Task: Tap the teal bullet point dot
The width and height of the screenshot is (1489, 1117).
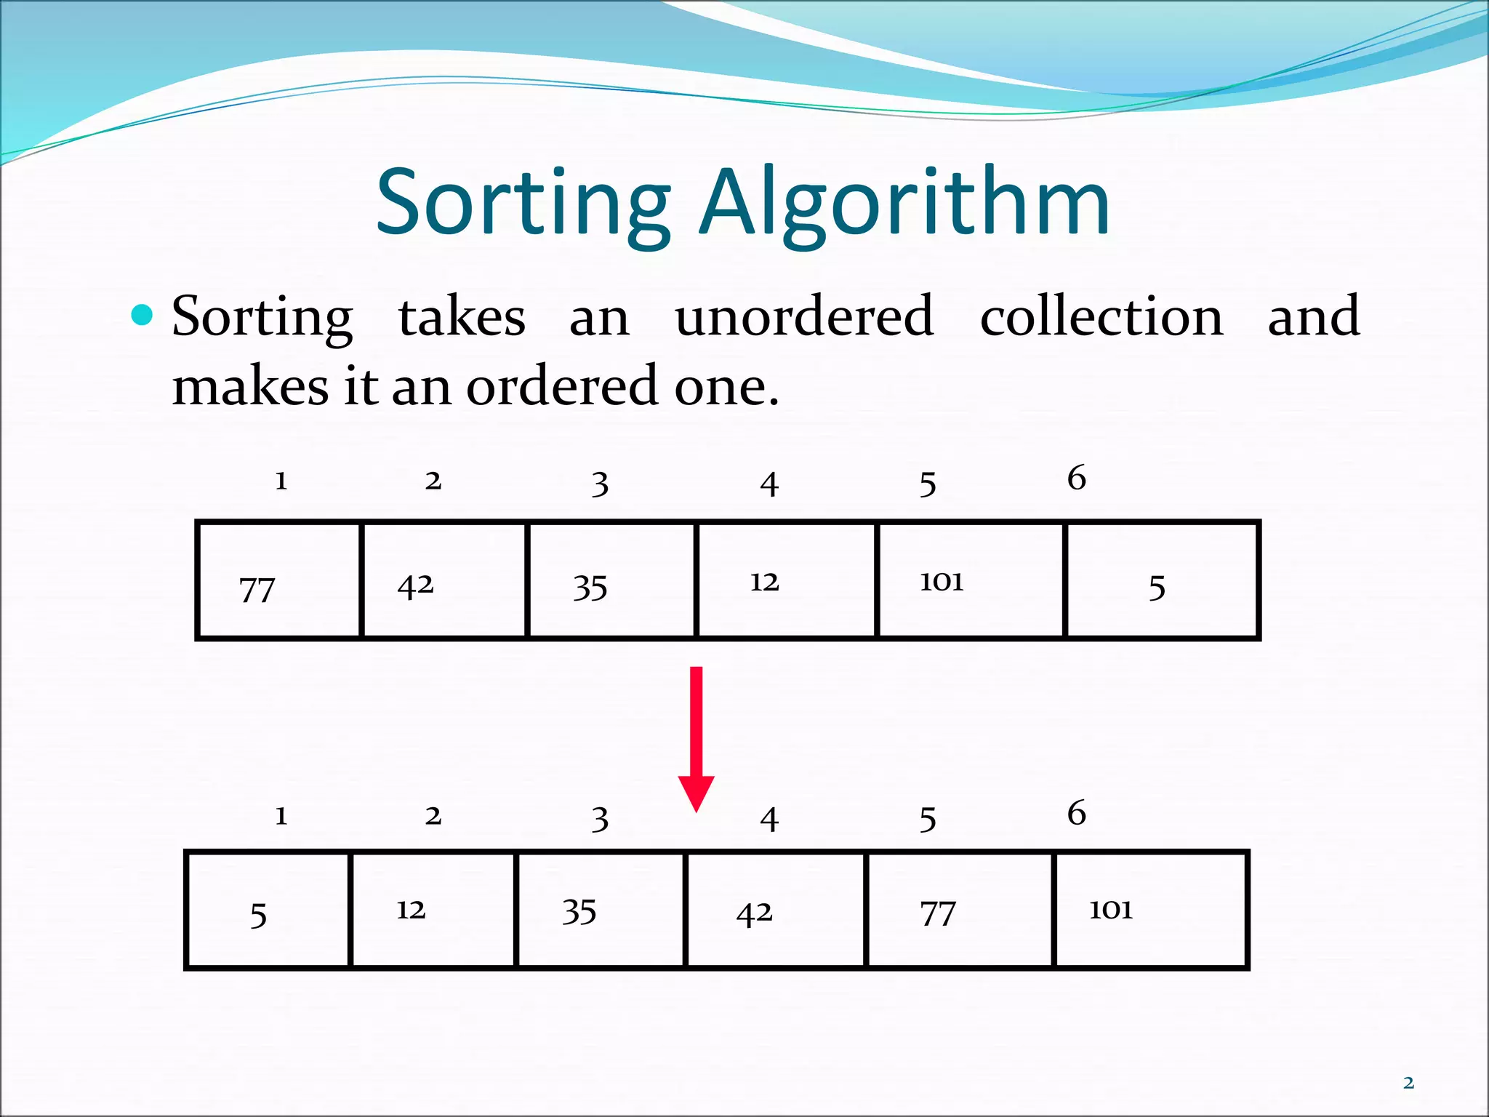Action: click(143, 315)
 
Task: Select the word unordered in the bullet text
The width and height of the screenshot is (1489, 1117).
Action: click(804, 316)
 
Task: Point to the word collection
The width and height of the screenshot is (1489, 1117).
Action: click(1101, 316)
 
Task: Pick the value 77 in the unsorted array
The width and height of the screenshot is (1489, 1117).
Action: click(257, 589)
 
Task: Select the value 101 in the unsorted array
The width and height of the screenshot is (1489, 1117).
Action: click(942, 581)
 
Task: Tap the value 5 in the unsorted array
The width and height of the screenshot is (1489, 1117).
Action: click(1157, 588)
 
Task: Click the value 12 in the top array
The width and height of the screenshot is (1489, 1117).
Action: click(764, 582)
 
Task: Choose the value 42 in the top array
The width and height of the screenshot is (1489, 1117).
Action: click(415, 585)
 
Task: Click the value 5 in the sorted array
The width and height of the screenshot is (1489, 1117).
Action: click(258, 915)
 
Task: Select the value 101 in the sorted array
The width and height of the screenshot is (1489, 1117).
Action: click(1110, 909)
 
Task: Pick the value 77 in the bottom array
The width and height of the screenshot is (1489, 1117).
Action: click(938, 913)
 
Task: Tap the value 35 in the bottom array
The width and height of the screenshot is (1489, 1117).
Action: click(579, 911)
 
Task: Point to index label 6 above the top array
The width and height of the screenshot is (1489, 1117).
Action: click(1077, 478)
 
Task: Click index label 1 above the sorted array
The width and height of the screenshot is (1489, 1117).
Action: click(281, 816)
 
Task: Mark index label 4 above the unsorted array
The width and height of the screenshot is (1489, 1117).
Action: click(769, 484)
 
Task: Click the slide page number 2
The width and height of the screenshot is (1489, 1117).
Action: click(1408, 1083)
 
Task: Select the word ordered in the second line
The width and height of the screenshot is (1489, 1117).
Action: click(562, 386)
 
